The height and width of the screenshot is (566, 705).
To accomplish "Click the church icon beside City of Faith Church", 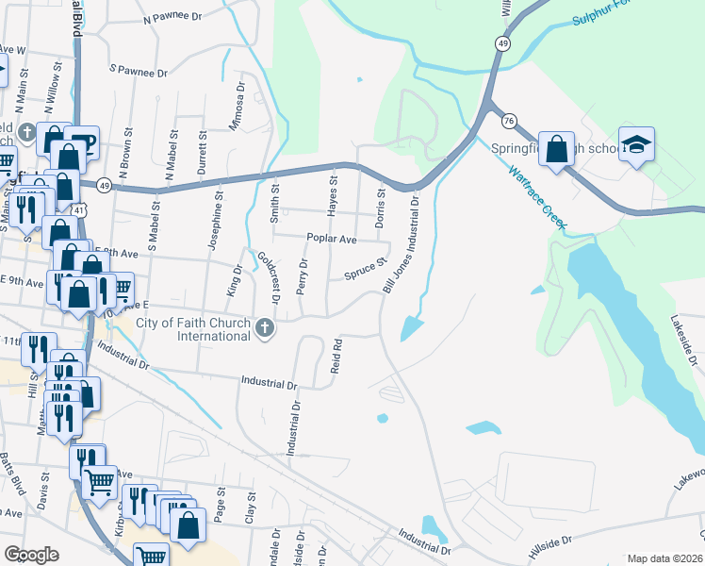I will point(266,328).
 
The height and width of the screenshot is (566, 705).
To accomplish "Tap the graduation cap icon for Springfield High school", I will point(637,145).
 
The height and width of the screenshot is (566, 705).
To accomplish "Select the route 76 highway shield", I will point(509,121).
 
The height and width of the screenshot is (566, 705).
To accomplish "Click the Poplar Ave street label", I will point(331,240).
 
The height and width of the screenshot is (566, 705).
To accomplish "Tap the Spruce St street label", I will point(366,270).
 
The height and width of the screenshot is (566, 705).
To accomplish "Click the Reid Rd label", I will point(335,357).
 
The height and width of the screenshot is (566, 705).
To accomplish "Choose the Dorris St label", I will point(382,208).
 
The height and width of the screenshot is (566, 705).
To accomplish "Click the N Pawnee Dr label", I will point(172,18).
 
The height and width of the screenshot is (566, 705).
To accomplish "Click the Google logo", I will point(31,555).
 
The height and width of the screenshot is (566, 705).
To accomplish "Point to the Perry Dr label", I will point(303,275).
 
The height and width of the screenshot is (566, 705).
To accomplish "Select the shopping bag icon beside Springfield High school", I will point(556,149).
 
